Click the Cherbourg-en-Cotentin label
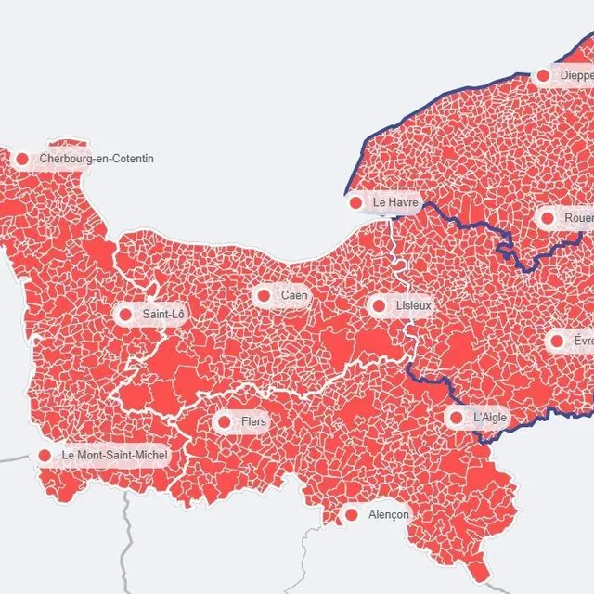pos(97,159)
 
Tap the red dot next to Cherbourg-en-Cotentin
pos(22,159)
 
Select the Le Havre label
pos(396,202)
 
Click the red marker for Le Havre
pos(356,202)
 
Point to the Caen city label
pos(294,295)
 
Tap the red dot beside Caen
pos(264,295)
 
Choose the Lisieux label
pos(413,305)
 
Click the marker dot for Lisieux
pos(379,305)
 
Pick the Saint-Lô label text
pos(163,315)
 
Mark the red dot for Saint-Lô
pos(126,315)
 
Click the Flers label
pos(253,422)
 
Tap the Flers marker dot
pos(225,422)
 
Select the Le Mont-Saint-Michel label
pos(115,456)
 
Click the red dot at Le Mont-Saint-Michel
pos(45,456)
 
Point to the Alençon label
pos(388,514)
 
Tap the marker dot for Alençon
pos(352,514)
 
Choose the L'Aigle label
pos(490,418)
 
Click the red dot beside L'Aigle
pos(457,418)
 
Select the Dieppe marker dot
pos(543,75)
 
